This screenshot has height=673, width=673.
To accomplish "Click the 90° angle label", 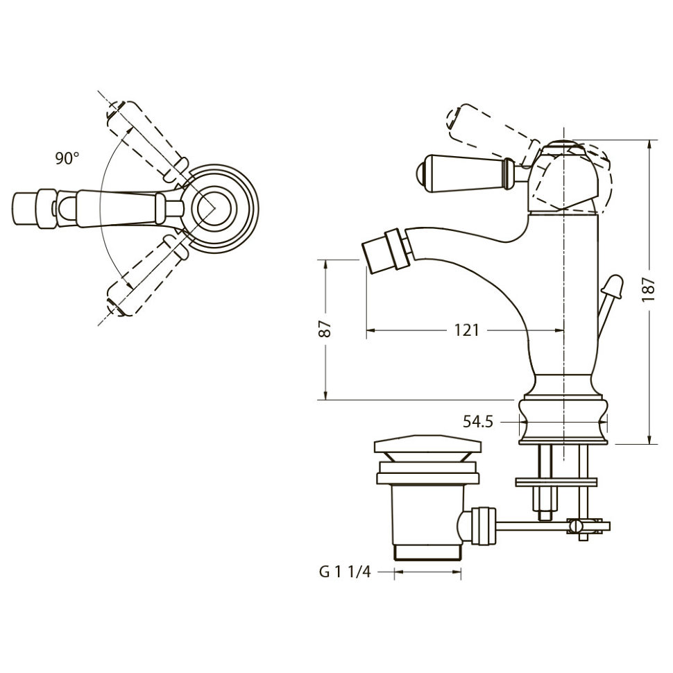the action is (67, 158).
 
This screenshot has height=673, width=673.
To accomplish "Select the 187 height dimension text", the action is (649, 289).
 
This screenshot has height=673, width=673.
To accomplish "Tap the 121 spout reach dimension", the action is (466, 330).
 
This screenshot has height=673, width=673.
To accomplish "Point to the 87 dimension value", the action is (325, 329).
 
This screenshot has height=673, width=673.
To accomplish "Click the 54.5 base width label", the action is (478, 422).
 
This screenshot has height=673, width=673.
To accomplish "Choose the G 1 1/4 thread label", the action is (345, 572).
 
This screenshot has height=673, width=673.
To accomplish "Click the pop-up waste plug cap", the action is (427, 447).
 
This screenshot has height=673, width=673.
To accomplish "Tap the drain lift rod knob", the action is (613, 286).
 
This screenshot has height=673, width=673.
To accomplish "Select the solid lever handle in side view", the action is (466, 173).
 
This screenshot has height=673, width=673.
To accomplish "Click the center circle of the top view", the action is (214, 207).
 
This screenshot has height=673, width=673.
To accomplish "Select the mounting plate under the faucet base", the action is (556, 482).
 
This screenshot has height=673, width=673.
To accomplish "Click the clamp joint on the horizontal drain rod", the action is (583, 526).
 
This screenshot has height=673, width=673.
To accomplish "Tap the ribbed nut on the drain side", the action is (484, 526).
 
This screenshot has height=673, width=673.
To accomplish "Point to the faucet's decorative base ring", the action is (563, 421).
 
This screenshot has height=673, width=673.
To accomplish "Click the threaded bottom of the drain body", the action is (427, 552).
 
